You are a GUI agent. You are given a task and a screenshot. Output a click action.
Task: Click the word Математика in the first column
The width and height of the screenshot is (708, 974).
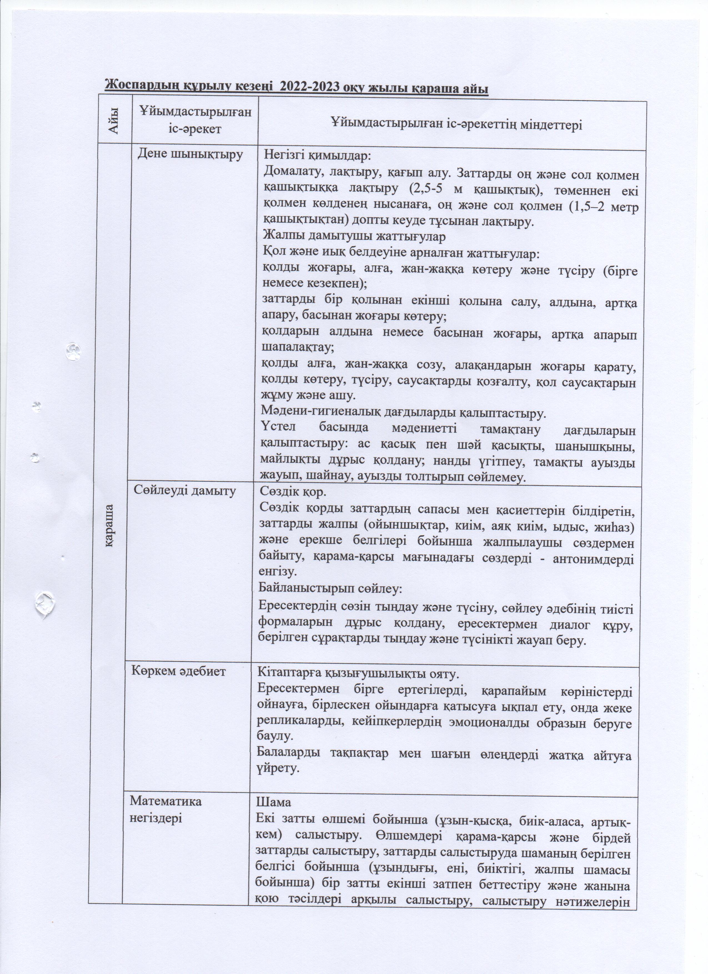tap(166, 802)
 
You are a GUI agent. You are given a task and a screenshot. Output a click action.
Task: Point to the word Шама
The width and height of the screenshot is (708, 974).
tap(273, 802)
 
